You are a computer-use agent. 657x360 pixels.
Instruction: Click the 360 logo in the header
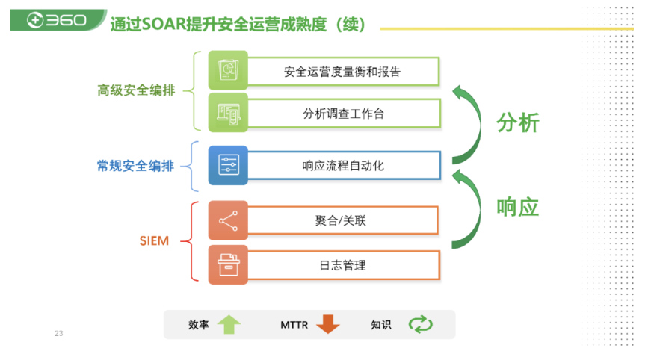pos(57,19)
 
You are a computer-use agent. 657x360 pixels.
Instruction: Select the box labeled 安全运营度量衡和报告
pos(343,72)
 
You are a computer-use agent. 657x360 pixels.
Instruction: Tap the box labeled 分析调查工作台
pos(344,114)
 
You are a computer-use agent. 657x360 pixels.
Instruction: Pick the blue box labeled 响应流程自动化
pos(344,166)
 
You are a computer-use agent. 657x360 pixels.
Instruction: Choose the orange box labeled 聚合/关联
pos(342,220)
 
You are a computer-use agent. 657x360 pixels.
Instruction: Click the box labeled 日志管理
pos(343,265)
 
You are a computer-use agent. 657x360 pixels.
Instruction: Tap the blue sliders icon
pos(229,165)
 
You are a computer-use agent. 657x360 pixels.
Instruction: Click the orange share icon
pos(229,220)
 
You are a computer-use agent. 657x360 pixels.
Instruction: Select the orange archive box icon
pos(229,265)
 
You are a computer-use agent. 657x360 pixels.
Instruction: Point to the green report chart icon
pos(229,70)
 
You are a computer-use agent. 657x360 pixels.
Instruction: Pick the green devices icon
pos(229,113)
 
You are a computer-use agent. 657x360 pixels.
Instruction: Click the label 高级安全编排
pos(136,90)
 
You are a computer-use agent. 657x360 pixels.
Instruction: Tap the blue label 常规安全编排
pos(135,166)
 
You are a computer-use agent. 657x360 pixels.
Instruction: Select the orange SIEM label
pos(154,240)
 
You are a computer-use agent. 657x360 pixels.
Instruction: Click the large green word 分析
pos(518,123)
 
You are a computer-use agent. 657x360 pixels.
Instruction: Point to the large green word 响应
pos(518,208)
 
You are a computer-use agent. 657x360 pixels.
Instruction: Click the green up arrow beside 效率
pos(229,324)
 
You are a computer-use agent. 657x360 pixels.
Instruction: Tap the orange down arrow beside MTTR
pos(327,324)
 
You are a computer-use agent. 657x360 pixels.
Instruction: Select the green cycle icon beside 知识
pos(421,324)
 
